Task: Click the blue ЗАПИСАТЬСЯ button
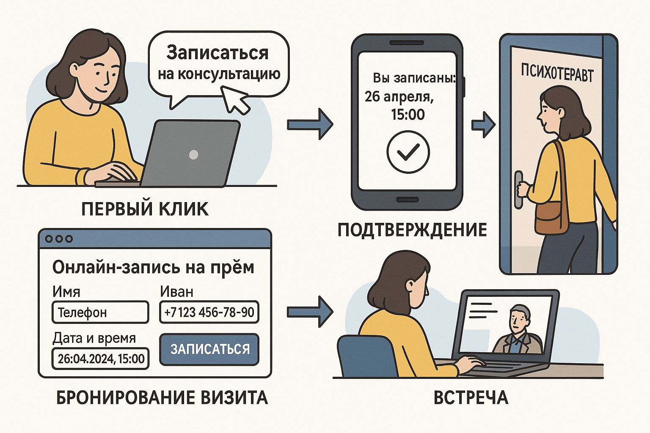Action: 209,349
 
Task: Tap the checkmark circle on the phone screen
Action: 408,152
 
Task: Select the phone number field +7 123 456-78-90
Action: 209,312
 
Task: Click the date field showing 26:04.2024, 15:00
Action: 101,359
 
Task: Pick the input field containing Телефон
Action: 100,312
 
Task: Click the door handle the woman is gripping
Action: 518,189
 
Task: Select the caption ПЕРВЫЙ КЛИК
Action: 145,209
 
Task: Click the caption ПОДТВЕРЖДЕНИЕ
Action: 412,230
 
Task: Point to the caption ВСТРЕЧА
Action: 471,398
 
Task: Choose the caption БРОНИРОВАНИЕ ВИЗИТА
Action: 162,398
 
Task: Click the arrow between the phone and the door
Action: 483,125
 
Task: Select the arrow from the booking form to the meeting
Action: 310,312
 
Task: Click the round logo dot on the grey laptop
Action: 193,154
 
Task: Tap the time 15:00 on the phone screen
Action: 408,115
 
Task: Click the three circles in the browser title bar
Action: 59,239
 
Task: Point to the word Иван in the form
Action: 176,292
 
